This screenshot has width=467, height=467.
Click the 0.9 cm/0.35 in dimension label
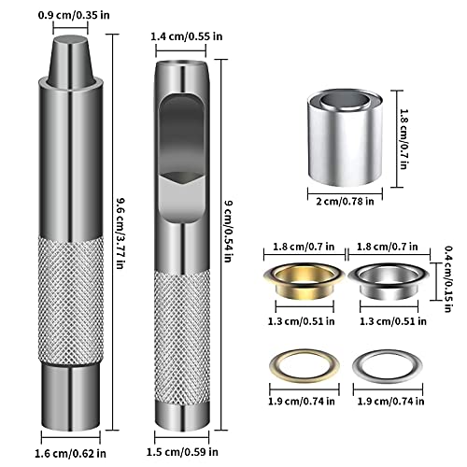pos(74,15)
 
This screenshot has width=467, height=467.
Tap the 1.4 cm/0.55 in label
pos(187,36)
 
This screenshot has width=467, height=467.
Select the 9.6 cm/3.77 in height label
pos(120,233)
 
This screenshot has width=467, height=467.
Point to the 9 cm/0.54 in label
pos(229,231)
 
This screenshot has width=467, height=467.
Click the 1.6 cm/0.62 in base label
pos(70,453)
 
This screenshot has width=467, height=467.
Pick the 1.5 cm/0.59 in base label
pos(182,452)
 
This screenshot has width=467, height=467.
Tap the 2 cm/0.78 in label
pos(345,202)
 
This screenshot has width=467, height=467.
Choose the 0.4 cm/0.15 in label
pos(448,279)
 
